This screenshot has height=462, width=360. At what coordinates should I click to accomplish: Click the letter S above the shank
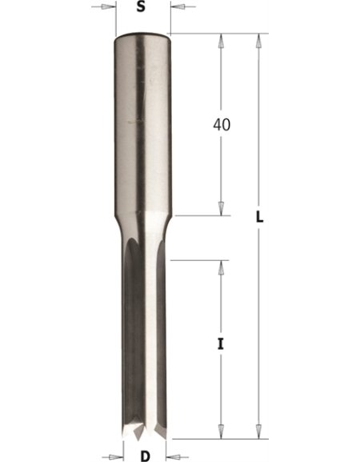[x=141, y=6]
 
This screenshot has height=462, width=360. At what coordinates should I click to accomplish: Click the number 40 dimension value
[x=222, y=125]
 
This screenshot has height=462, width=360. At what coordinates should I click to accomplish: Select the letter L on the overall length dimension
[x=259, y=218]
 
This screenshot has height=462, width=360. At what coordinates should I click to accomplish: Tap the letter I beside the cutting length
[x=221, y=343]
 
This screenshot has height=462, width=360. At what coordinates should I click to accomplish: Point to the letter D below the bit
[x=145, y=456]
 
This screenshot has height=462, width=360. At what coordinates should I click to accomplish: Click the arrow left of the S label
[x=104, y=6]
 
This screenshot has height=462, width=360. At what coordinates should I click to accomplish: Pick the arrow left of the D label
[x=114, y=457]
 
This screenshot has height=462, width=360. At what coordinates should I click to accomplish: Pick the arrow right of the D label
[x=175, y=457]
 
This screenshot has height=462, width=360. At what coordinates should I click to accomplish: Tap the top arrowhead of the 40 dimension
[x=221, y=42]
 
